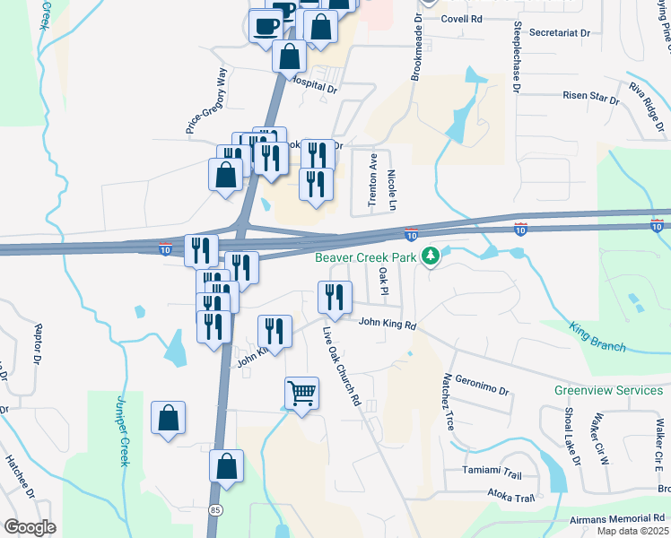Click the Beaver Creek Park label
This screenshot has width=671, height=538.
[x=367, y=257]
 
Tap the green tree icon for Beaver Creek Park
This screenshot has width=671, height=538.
[x=431, y=257]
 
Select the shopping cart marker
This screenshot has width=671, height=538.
[x=301, y=392]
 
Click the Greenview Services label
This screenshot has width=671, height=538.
[x=608, y=390]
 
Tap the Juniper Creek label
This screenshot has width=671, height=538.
[x=123, y=430]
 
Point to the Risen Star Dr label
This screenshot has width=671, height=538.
[x=590, y=95]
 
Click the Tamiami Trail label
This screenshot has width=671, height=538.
[x=492, y=471]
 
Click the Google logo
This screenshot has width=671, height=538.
[x=30, y=527]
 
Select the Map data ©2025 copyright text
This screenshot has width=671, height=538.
[x=632, y=531]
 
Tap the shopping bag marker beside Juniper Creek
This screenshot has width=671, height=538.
[x=168, y=419]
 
